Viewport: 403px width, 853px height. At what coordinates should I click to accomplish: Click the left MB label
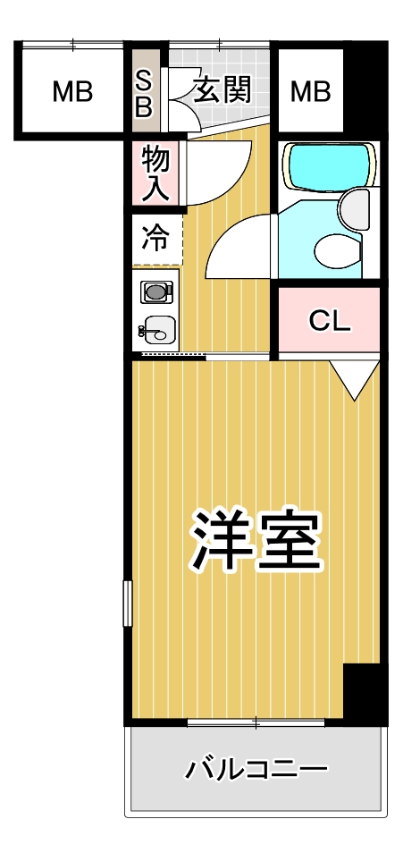[71, 91]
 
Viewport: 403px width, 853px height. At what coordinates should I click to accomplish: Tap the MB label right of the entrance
[309, 91]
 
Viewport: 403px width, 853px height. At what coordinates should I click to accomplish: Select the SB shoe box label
[144, 92]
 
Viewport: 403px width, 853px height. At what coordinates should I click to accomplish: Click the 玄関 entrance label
[219, 89]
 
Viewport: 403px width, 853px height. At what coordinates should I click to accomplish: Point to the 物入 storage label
[155, 173]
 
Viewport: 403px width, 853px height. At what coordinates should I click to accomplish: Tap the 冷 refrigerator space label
[155, 239]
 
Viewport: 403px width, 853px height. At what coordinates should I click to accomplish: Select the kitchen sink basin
[159, 333]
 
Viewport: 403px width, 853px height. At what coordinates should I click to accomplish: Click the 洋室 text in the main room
[254, 542]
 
